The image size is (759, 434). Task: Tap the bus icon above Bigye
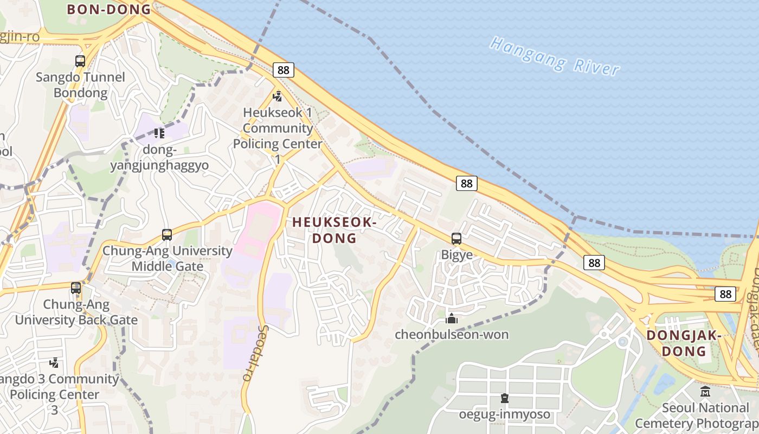click(456, 239)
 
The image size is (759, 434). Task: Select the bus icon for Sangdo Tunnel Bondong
click(80, 61)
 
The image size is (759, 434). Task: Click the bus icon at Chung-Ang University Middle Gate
click(167, 235)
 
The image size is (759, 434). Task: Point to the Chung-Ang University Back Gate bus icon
click(76, 288)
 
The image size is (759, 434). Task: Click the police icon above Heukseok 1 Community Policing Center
click(278, 97)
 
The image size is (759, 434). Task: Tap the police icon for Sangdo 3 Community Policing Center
click(54, 362)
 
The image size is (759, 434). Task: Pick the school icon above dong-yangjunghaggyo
click(159, 133)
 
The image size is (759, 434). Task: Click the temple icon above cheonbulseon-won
click(452, 318)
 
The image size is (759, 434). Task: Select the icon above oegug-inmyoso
click(505, 399)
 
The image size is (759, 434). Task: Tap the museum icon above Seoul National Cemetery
click(705, 391)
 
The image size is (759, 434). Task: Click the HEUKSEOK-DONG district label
click(334, 230)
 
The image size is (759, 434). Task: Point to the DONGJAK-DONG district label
click(684, 343)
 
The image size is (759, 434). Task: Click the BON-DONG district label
click(108, 9)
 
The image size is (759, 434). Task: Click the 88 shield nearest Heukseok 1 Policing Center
click(284, 69)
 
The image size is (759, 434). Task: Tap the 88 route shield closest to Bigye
click(466, 183)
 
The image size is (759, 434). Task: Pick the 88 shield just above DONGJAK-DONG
click(725, 293)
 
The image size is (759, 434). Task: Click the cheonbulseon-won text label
click(452, 334)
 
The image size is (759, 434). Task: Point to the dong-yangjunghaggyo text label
click(159, 157)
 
